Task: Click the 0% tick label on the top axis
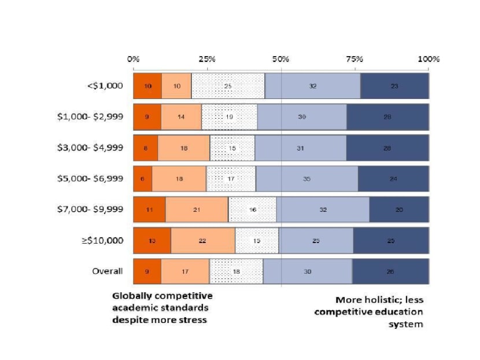point(133,59)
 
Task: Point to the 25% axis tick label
point(207,59)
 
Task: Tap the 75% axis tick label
point(355,59)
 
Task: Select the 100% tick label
point(429,59)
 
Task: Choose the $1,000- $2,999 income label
point(90,116)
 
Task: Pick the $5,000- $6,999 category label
point(90,178)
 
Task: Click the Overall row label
point(109,271)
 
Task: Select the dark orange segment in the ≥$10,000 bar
point(152,240)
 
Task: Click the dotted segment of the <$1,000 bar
point(228,86)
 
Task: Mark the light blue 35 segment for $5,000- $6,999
point(307,178)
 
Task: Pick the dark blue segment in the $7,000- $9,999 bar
point(399,210)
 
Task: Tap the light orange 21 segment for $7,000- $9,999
point(197,210)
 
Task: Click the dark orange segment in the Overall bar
point(147,271)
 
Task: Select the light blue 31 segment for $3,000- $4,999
point(301,148)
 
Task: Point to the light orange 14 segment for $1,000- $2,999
point(181,116)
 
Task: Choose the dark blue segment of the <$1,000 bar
point(394,86)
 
